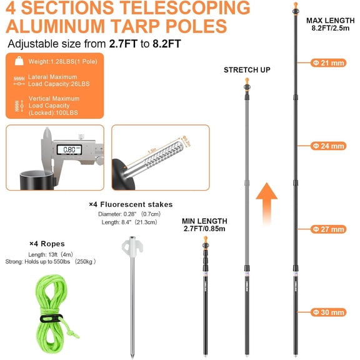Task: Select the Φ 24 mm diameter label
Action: (x=329, y=146)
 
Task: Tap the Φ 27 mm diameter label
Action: (x=329, y=229)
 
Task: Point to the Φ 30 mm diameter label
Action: (x=329, y=312)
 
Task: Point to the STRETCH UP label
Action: (x=247, y=70)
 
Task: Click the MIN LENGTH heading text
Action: (x=204, y=221)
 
